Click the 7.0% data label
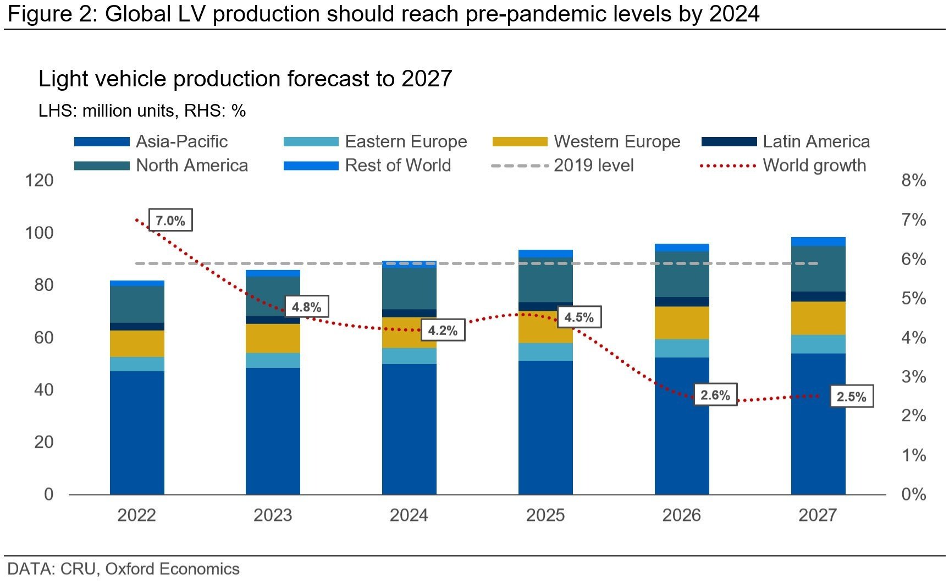[x=170, y=221]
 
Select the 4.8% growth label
[x=306, y=307]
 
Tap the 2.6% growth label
[x=715, y=395]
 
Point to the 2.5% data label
[x=851, y=397]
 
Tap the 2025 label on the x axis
[x=545, y=515]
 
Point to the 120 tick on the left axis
[x=40, y=180]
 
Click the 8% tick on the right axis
[x=913, y=180]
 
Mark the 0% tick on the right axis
[x=913, y=494]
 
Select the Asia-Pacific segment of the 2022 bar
[x=137, y=433]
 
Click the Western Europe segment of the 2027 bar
[x=818, y=318]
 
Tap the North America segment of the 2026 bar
[x=681, y=274]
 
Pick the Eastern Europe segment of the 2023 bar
[x=273, y=360]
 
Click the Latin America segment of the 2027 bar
[x=818, y=296]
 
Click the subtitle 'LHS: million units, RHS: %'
[x=142, y=111]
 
